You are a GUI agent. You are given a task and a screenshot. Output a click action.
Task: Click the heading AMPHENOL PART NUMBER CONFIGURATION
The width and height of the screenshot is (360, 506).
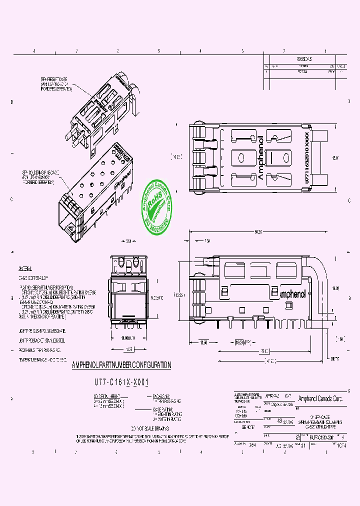[121, 365]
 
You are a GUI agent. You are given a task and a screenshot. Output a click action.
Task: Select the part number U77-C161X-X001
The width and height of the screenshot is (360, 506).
[122, 381]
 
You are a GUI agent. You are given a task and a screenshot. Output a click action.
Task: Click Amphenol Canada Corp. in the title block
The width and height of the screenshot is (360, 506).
[320, 398]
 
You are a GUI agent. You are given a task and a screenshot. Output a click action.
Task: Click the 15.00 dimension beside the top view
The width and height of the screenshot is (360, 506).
[334, 157]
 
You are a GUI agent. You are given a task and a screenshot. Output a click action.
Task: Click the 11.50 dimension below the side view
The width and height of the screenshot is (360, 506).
[204, 342]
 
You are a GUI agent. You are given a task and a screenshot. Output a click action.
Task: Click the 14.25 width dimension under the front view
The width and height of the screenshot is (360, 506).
[128, 349]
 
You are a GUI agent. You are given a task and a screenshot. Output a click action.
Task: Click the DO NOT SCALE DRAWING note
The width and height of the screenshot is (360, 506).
[149, 428]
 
